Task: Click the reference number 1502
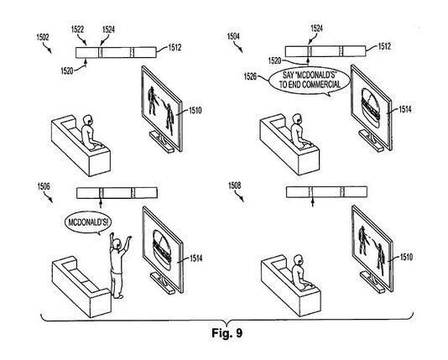pyautogui.click(x=43, y=37)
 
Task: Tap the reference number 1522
pyautogui.click(x=77, y=29)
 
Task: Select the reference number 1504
pyautogui.click(x=233, y=37)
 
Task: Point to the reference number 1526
pyautogui.click(x=250, y=76)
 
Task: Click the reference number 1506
pyautogui.click(x=44, y=186)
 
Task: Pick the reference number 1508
pyautogui.click(x=235, y=185)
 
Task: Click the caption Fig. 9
pyautogui.click(x=227, y=333)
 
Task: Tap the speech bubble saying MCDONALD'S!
pyautogui.click(x=88, y=222)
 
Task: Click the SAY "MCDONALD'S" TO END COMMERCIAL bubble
pyautogui.click(x=310, y=80)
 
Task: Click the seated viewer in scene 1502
pyautogui.click(x=90, y=133)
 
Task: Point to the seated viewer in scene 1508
pyautogui.click(x=300, y=273)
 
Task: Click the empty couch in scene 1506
pyautogui.click(x=81, y=286)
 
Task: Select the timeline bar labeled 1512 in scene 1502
pyautogui.click(x=116, y=53)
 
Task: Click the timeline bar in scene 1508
pyautogui.click(x=326, y=191)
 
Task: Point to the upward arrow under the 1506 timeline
pyautogui.click(x=101, y=203)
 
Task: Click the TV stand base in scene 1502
pyautogui.click(x=162, y=142)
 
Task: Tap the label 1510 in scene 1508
pyautogui.click(x=406, y=257)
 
